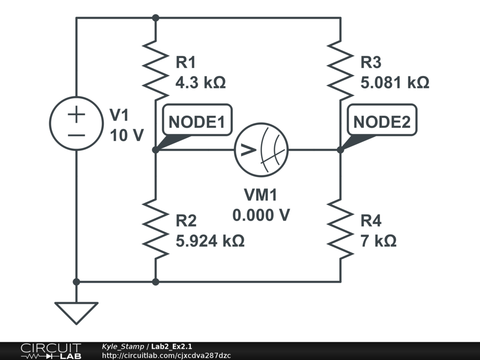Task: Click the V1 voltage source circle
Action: (76, 123)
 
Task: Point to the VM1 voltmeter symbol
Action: (261, 150)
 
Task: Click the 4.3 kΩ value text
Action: (200, 83)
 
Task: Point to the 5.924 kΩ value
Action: (210, 241)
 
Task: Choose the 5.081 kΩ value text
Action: (395, 83)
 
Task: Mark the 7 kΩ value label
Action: (378, 241)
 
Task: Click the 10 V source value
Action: (127, 135)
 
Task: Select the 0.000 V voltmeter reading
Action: (261, 215)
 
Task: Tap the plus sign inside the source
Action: (76, 115)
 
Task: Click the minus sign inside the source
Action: (76, 135)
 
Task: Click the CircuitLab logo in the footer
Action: (50, 351)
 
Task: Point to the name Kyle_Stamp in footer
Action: (123, 346)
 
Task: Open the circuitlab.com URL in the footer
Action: (166, 356)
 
